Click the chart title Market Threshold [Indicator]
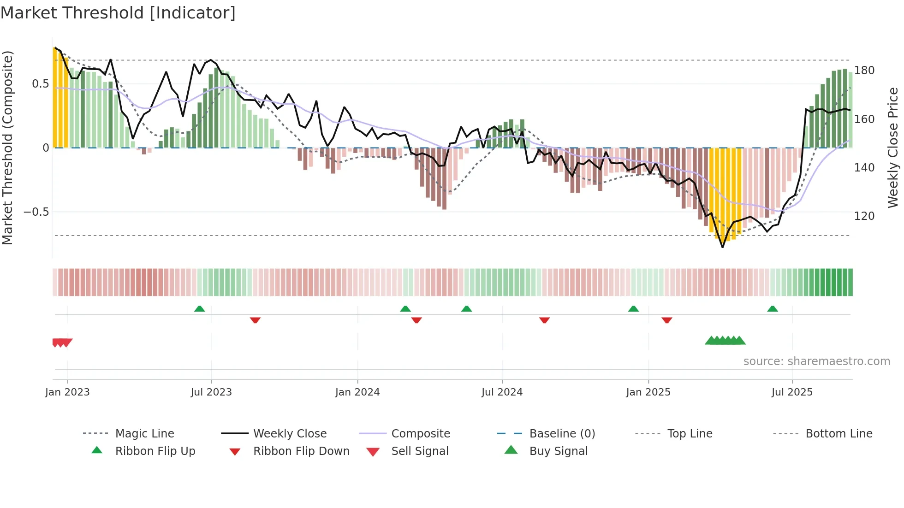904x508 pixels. (118, 13)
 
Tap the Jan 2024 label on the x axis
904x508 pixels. (357, 392)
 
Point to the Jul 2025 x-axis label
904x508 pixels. (792, 392)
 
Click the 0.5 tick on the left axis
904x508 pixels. (41, 84)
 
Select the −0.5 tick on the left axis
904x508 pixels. (36, 212)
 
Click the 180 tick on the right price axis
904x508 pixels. (864, 71)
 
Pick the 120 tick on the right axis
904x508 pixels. (864, 216)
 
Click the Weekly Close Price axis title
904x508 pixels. (893, 148)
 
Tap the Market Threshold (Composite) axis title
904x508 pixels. (7, 148)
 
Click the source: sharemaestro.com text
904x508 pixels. (816, 361)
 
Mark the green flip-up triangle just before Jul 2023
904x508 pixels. (200, 309)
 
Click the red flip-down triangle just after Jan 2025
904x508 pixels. (666, 320)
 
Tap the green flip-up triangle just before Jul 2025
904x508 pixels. (773, 309)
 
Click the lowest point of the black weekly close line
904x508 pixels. (723, 247)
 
